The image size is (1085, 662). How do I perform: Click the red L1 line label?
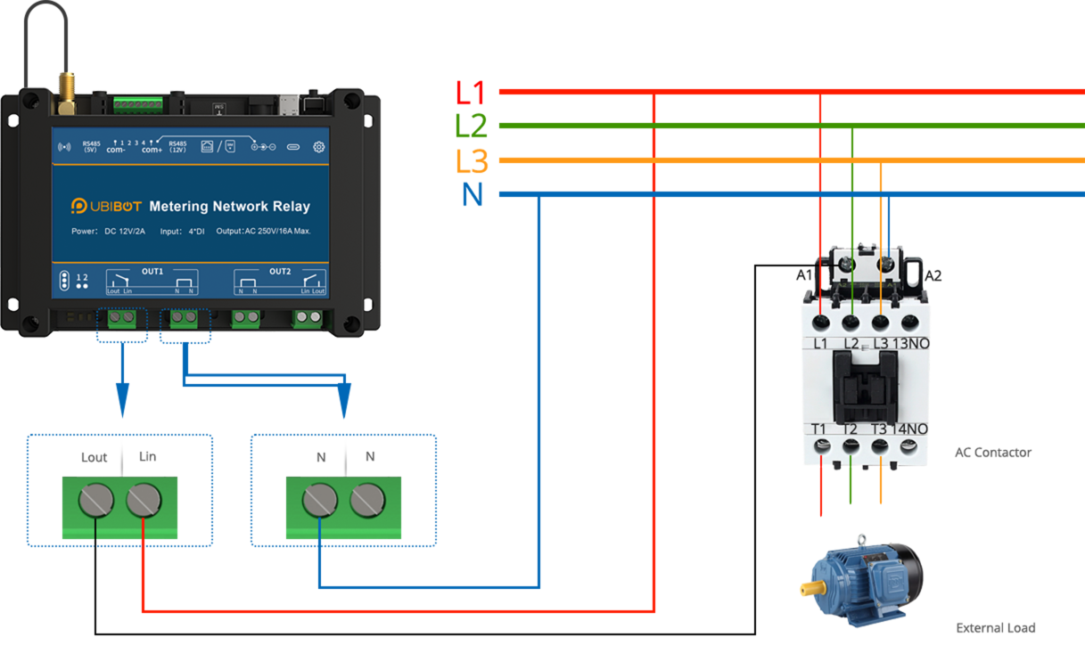pos(469,93)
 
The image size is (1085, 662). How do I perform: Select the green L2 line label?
pos(471,127)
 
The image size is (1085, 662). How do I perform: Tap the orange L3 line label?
pos(472,161)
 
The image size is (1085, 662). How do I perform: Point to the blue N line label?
pos(473,195)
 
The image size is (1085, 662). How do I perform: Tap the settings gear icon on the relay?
pos(318,147)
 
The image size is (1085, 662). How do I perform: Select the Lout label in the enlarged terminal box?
pos(94,458)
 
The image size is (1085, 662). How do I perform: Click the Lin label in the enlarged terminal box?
pos(147,457)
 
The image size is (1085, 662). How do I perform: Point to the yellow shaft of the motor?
pos(812,589)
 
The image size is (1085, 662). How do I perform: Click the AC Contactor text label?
pos(992,453)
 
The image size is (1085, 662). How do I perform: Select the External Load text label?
pos(996,628)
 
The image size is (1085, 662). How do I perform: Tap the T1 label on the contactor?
pos(819,429)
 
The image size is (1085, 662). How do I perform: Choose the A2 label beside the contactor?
pos(933,276)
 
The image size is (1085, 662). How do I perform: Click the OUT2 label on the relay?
pos(280,271)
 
